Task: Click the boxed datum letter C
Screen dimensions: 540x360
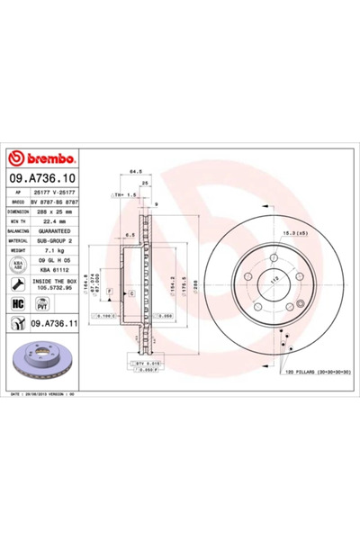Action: (130, 294)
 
